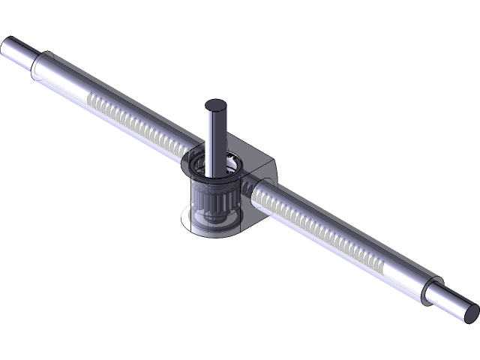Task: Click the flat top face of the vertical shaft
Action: click(x=216, y=105)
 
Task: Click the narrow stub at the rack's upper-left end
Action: click(x=18, y=51)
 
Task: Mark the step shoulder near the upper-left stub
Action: click(x=37, y=64)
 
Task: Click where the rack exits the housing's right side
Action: click(x=255, y=191)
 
